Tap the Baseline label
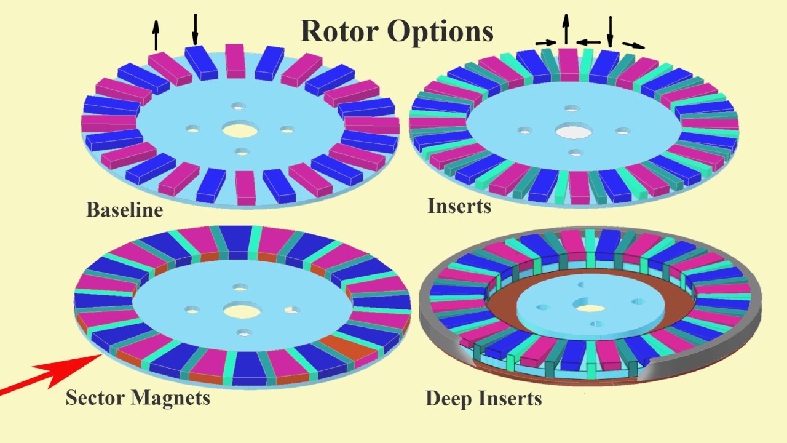pyautogui.click(x=124, y=210)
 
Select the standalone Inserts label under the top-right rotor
pyautogui.click(x=459, y=206)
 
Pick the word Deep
pyautogui.click(x=448, y=399)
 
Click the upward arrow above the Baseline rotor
pyautogui.click(x=156, y=35)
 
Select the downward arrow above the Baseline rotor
pyautogui.click(x=196, y=28)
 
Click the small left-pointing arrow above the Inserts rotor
pyautogui.click(x=589, y=42)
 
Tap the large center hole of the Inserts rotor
pyautogui.click(x=573, y=130)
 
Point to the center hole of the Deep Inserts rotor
pyautogui.click(x=590, y=307)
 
